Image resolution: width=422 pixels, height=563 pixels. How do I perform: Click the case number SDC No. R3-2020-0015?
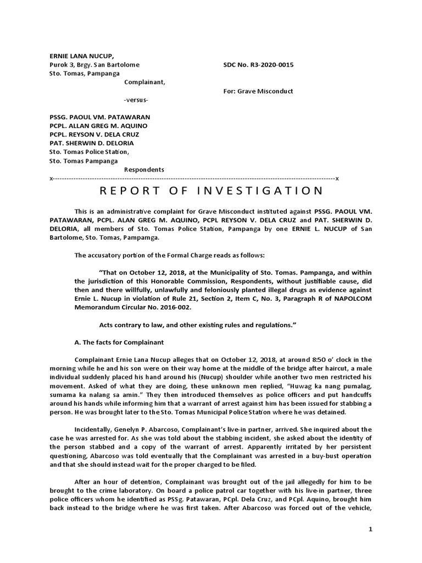(258, 65)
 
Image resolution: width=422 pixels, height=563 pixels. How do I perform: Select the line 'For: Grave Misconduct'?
(258, 91)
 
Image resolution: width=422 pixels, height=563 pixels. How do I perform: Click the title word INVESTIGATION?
(262, 191)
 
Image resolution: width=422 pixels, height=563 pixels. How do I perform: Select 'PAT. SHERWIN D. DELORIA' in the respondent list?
(92, 143)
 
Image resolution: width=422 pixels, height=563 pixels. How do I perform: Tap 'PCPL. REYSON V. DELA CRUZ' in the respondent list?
(95, 135)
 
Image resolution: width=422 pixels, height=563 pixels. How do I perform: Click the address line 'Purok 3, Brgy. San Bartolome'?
(95, 65)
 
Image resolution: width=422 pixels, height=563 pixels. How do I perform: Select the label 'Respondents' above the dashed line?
(144, 169)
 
